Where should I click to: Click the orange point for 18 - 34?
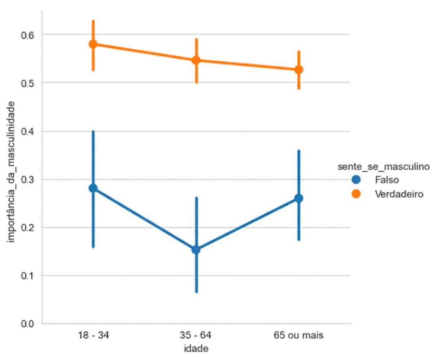tap(93, 44)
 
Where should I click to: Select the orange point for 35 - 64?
tap(196, 60)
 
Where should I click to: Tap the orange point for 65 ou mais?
tap(299, 70)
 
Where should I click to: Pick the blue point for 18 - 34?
tap(93, 188)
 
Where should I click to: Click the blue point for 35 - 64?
tap(196, 250)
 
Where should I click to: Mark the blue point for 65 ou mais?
tap(299, 198)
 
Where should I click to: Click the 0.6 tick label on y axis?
tap(28, 35)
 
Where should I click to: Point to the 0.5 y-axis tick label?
tap(28, 83)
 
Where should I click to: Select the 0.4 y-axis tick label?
tap(28, 131)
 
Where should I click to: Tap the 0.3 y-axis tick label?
tap(28, 179)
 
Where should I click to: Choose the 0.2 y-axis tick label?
tap(28, 228)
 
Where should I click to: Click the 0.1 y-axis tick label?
tap(28, 276)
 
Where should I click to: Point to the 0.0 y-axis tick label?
tap(28, 324)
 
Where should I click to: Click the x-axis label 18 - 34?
tap(93, 336)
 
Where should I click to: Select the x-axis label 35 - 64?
tap(196, 336)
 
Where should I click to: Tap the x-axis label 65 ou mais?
tap(299, 336)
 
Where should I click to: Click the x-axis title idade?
tap(196, 349)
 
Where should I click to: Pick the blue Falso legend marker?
tap(356, 179)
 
